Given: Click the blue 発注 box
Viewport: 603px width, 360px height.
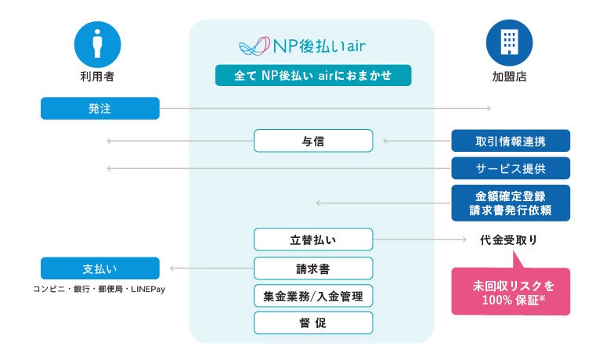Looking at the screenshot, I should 99,108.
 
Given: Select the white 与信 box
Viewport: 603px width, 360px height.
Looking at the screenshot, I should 313,141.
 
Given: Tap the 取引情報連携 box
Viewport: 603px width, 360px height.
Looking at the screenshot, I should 511,141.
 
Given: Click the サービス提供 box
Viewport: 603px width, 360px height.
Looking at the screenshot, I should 511,168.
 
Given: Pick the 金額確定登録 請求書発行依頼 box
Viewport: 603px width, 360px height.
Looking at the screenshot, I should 511,203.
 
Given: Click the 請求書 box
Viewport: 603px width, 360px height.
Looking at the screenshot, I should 313,268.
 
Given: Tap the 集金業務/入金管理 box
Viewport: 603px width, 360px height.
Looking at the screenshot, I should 313,296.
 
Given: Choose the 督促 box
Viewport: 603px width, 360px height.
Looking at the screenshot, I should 313,322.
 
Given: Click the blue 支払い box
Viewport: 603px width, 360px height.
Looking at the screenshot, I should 99,268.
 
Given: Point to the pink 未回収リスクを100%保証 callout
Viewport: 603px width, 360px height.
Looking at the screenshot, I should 511,290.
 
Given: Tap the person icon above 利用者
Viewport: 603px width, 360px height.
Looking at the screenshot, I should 97,41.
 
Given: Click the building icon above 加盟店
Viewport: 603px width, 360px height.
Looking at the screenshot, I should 509,41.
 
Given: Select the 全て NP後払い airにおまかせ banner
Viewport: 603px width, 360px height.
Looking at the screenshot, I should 313,76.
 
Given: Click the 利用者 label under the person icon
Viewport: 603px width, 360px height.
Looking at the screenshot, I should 97,77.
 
